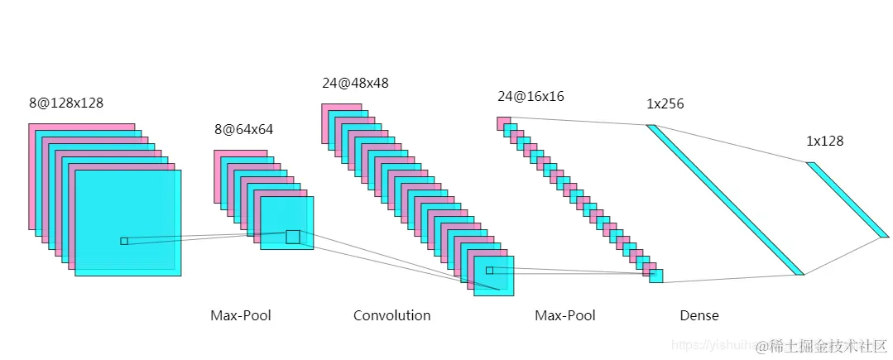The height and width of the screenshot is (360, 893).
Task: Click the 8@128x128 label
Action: point(66,103)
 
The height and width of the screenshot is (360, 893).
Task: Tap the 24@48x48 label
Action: point(355,83)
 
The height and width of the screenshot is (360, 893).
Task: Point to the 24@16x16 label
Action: point(531,97)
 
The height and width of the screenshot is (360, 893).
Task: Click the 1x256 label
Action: point(665,104)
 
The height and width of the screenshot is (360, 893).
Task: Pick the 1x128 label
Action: point(825,142)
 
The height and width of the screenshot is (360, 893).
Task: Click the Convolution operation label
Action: point(391,315)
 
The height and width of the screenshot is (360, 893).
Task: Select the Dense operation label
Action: point(699,315)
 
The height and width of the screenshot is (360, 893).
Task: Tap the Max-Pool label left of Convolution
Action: point(241,315)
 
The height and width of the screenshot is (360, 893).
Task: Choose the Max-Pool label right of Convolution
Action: point(565,315)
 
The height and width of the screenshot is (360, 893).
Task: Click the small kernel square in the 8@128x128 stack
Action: point(124,241)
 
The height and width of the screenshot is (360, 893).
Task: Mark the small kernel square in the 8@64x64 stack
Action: point(293,237)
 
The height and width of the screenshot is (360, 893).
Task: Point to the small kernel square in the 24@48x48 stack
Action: point(489,270)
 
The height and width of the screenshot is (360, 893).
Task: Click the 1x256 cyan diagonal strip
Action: point(725,199)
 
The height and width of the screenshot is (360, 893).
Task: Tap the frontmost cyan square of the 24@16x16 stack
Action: point(656,276)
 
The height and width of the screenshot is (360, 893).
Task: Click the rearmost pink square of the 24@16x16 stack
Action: point(502,122)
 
